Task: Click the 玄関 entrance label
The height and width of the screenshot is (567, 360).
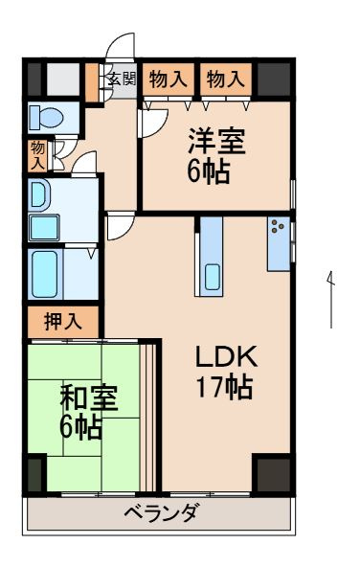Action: pos(121,79)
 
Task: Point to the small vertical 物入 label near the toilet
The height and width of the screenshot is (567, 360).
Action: pos(37,154)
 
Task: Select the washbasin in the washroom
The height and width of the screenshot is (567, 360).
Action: pos(38,195)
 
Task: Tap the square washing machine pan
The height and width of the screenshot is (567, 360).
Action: pos(44,227)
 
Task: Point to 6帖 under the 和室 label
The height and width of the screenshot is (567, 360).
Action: pos(82,426)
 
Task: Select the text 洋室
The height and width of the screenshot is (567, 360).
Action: pos(215,141)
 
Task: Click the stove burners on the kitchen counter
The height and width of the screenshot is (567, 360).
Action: pos(279,228)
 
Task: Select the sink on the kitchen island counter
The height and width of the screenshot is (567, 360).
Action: pos(212,279)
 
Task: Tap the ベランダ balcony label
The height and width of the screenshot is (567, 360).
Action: pos(162,513)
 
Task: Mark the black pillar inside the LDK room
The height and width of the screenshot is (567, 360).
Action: pos(272,473)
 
